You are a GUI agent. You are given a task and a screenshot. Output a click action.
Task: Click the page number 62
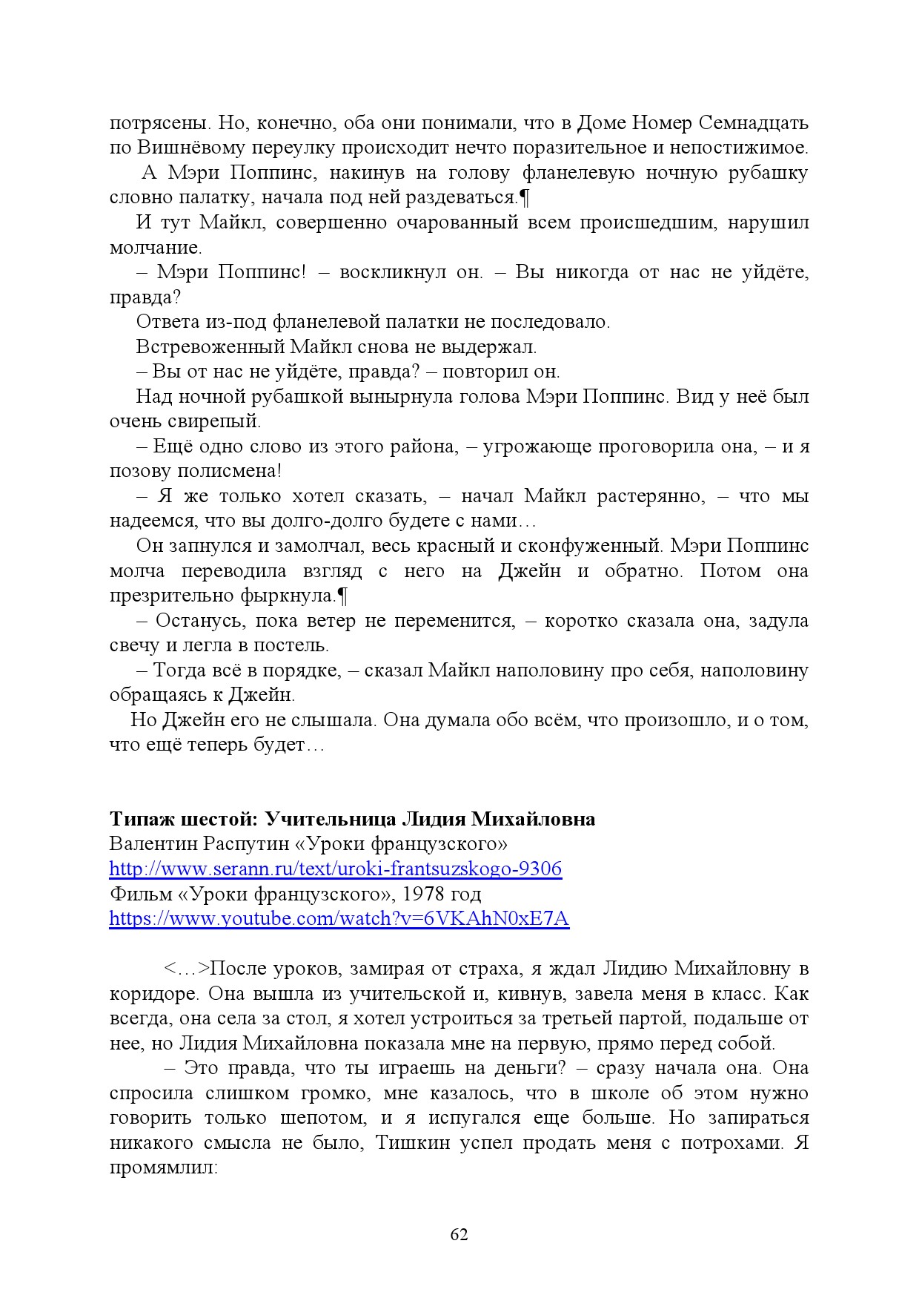click(x=459, y=1234)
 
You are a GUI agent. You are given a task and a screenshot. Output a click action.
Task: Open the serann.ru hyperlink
click(x=335, y=869)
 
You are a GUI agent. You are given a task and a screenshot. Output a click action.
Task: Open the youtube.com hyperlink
click(x=339, y=918)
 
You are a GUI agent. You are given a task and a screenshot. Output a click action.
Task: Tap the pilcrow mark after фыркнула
click(x=342, y=596)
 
